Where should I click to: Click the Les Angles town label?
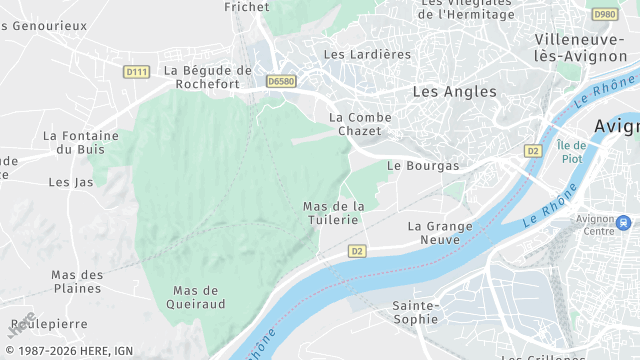coord(454,91)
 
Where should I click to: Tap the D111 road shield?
coord(136,72)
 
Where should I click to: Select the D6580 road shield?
coord(282,79)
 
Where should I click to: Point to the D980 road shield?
coord(604,14)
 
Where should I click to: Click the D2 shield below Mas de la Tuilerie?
coord(357,250)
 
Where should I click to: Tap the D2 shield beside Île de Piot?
coord(533,150)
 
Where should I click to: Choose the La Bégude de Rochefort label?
coord(207,77)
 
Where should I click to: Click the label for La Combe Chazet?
coord(361,125)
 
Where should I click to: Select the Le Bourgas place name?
coord(423,165)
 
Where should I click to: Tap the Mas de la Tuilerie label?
coord(334,213)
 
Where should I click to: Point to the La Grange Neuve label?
coord(441,233)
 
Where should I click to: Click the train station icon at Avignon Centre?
coord(624,221)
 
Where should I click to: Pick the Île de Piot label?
coord(571,152)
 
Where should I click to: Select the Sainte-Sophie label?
coord(415,311)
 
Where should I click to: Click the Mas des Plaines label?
coord(77,281)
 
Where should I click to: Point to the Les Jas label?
coord(70,182)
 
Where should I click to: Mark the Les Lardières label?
coord(367,54)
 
